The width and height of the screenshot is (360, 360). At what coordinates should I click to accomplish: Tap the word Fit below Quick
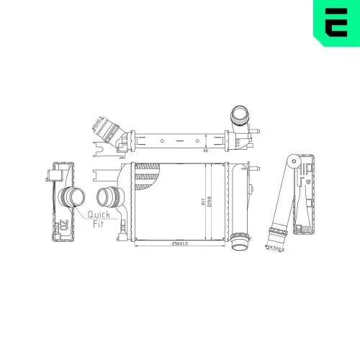pyautogui.click(x=98, y=224)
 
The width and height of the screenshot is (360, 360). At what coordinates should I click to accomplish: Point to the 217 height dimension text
pyautogui.click(x=202, y=202)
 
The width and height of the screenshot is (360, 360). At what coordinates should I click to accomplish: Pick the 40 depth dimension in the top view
pyautogui.click(x=205, y=151)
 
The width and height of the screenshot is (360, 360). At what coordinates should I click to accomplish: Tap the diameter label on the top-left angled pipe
pyautogui.click(x=99, y=120)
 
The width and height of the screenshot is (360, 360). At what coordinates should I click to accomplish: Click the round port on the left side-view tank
pyautogui.click(x=70, y=196)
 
